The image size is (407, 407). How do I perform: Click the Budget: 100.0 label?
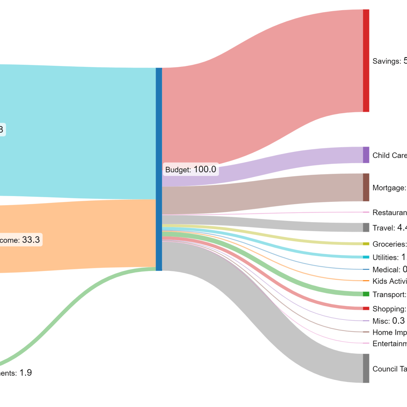[x=191, y=169]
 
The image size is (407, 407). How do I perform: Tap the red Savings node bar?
[x=366, y=61]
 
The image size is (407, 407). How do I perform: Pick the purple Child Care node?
[x=366, y=155]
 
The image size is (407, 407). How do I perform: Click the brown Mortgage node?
[x=366, y=187]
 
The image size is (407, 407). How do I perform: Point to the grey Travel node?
[x=366, y=227]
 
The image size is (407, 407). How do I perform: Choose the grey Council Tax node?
[x=366, y=368]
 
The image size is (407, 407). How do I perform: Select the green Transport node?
[x=366, y=294]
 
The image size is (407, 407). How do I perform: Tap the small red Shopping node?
[x=366, y=308]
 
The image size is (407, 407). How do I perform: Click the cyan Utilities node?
[x=366, y=257]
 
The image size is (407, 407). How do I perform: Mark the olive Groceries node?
[x=366, y=244]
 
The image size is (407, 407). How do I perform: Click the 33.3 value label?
[x=31, y=240]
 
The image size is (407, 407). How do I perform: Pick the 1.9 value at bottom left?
[x=25, y=373]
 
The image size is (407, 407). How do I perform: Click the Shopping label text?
[x=389, y=309]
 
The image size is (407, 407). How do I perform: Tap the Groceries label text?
[x=389, y=244]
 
